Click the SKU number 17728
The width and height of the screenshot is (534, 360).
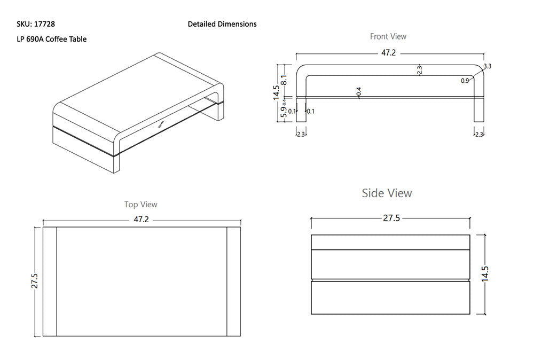pyautogui.click(x=45, y=24)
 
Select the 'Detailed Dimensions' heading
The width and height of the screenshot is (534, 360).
pyautogui.click(x=222, y=24)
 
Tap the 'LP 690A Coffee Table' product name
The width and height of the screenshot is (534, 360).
pyautogui.click(x=52, y=39)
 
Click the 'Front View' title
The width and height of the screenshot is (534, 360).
pyautogui.click(x=388, y=36)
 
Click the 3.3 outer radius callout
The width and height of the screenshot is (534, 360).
pyautogui.click(x=487, y=66)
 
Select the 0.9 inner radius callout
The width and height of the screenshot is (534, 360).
pyautogui.click(x=465, y=81)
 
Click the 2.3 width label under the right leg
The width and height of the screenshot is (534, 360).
pyautogui.click(x=478, y=134)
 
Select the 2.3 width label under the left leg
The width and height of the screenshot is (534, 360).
pyautogui.click(x=301, y=134)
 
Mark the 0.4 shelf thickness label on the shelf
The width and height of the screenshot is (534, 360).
pyautogui.click(x=358, y=92)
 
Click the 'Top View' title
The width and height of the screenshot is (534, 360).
pyautogui.click(x=141, y=205)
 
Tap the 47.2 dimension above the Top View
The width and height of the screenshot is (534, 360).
pyautogui.click(x=141, y=220)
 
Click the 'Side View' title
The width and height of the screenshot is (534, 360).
pyautogui.click(x=387, y=193)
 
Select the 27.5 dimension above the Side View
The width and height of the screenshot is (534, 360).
pyautogui.click(x=391, y=218)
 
